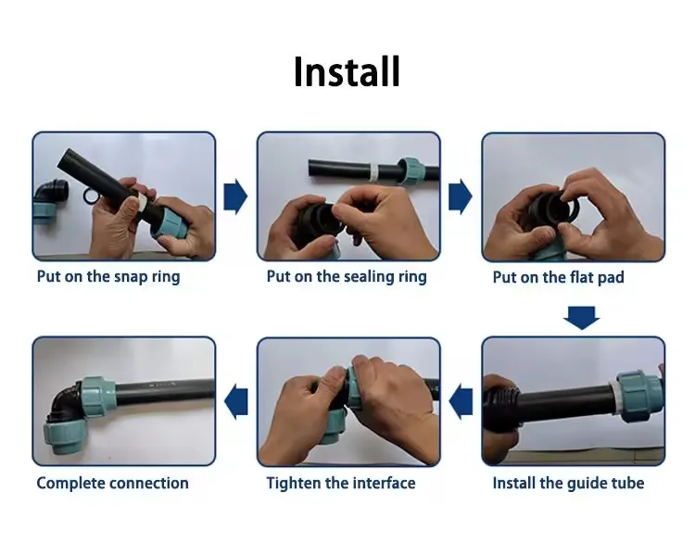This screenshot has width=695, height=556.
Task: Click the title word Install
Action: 347,71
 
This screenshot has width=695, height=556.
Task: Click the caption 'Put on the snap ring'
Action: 108,276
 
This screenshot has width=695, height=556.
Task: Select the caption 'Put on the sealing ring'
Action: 347,276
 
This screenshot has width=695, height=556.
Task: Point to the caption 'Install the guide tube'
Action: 568,483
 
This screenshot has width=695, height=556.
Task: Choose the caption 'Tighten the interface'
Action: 341,483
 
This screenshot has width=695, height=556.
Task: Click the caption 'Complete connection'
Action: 112,483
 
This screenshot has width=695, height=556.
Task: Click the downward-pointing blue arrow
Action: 581,318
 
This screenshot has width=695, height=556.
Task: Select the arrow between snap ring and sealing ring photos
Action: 236,196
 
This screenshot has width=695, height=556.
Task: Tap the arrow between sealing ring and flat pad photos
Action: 461,196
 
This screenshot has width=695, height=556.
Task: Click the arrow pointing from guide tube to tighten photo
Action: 461,400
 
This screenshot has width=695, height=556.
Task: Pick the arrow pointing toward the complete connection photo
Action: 237,400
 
